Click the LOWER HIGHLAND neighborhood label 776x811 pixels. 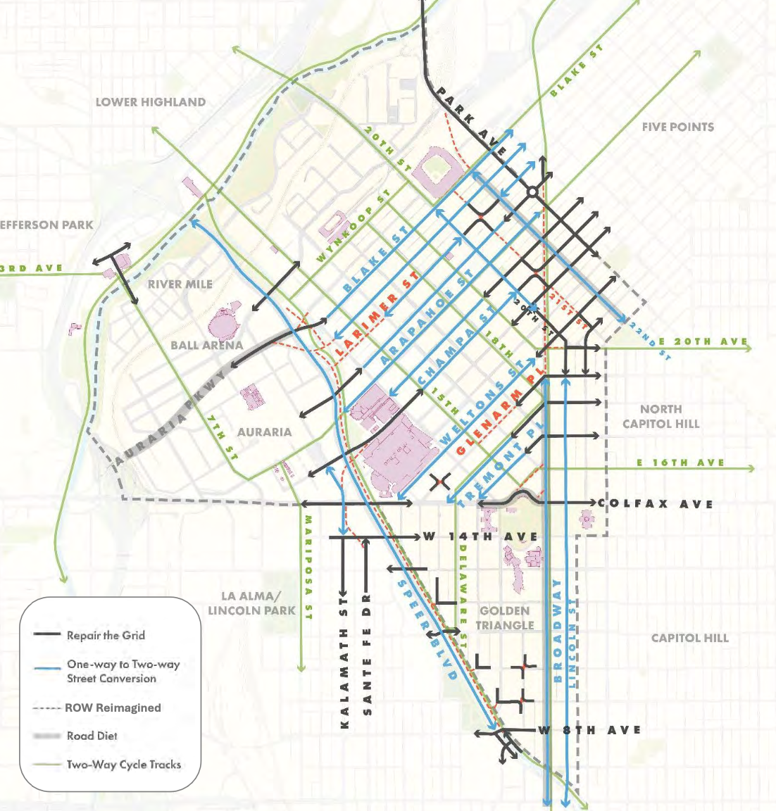pyautogui.click(x=151, y=102)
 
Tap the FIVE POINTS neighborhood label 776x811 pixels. pyautogui.click(x=677, y=127)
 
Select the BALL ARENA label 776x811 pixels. pyautogui.click(x=206, y=346)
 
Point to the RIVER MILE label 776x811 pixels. pyautogui.click(x=180, y=284)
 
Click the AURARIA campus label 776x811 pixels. pyautogui.click(x=264, y=432)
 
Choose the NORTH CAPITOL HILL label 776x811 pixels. pyautogui.click(x=661, y=416)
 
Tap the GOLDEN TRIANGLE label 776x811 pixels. pyautogui.click(x=504, y=617)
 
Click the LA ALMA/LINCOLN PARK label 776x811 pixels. pyautogui.click(x=251, y=603)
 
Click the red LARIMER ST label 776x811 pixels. pyautogui.click(x=377, y=314)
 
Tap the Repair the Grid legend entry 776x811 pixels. pyautogui.click(x=106, y=635)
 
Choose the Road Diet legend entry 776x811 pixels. pyautogui.click(x=92, y=736)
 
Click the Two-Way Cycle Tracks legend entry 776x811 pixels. pyautogui.click(x=123, y=765)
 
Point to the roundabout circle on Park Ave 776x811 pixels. pyautogui.click(x=532, y=191)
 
